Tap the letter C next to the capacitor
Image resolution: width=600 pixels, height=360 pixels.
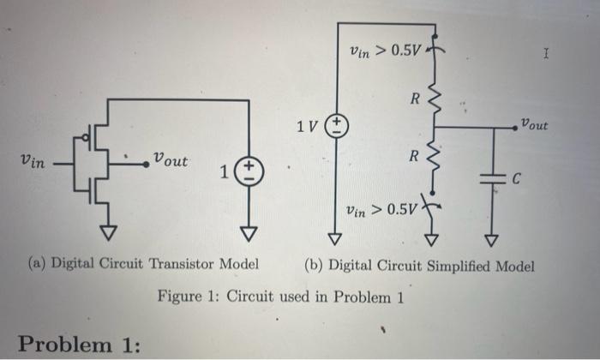pos(515,180)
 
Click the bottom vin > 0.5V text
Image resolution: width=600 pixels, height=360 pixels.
pos(380,209)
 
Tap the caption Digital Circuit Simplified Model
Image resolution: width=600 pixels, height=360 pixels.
pos(419,266)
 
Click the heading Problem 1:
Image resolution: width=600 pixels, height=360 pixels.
pos(79,344)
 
